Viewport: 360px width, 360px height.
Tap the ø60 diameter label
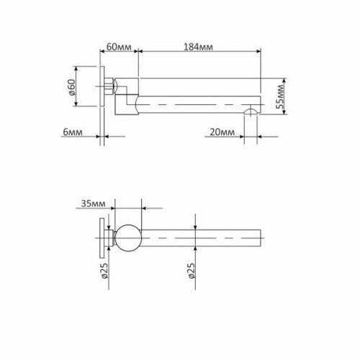point(72,90)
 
